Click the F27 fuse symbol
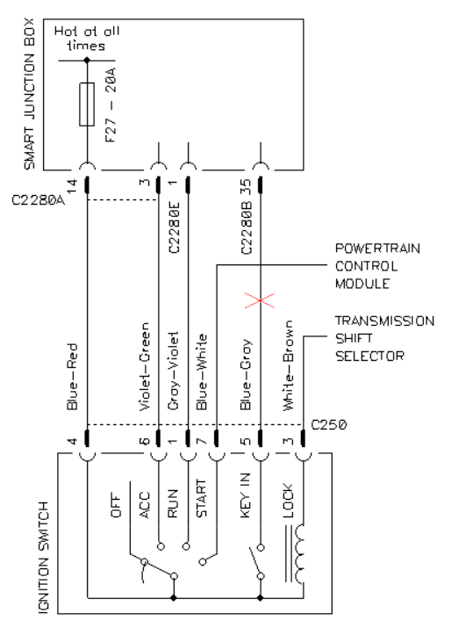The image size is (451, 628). pos(87,105)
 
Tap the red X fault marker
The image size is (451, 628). pos(260,300)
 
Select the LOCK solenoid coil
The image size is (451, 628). pos(299,554)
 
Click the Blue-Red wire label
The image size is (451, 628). pos(72,377)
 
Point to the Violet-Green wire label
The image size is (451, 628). pos(144,366)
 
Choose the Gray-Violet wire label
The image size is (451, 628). pos(173,371)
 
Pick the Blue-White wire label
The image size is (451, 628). pos(202,372)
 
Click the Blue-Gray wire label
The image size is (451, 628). pos(246,374)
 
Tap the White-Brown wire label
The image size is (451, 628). pos(288,365)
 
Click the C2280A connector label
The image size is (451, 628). pos(39,200)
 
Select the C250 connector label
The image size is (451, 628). pos(329,424)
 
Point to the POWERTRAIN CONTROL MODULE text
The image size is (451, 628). pos(377,266)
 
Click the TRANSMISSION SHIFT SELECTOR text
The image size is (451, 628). pos(384,338)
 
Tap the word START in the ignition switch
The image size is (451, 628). pos(201,499)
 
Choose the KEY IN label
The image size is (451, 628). pos(246,496)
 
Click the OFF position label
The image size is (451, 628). pos(115,506)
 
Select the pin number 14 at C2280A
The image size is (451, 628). pos(71,186)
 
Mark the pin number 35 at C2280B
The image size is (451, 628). pos(246,186)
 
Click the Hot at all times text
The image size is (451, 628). pos(87,39)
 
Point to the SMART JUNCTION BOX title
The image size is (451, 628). pos(30,94)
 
